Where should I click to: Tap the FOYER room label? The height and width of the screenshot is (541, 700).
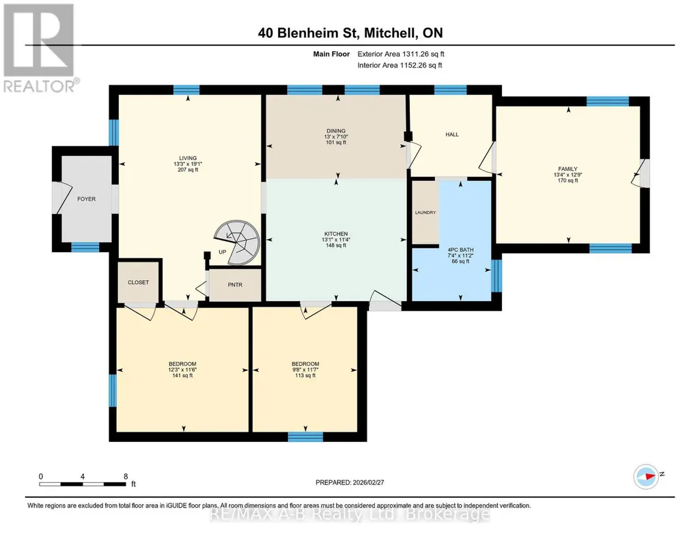point(86,199)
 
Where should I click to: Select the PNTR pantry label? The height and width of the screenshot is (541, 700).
point(235,285)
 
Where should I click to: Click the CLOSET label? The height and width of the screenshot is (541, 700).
point(139,283)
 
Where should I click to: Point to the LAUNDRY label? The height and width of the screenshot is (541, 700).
point(425,212)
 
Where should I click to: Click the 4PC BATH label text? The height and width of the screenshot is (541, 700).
point(461,250)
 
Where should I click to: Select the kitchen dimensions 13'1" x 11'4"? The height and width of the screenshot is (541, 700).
point(336,240)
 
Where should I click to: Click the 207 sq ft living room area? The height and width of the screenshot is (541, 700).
point(188,169)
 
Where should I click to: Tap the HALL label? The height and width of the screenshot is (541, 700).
point(452,135)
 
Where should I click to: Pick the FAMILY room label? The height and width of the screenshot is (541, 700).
point(568,169)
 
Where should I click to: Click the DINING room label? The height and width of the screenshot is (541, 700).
point(336,131)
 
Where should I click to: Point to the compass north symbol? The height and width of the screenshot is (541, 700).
point(647,476)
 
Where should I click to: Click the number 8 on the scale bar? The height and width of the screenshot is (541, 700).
point(126,476)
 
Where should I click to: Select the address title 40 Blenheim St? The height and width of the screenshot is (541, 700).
point(309,33)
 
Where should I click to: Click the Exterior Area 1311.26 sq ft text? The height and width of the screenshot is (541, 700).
point(401,54)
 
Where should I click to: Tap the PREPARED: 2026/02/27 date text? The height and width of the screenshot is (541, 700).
point(350,482)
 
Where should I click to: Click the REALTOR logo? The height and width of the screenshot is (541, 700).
point(40,48)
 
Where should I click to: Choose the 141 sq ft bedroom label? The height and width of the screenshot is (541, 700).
point(182,376)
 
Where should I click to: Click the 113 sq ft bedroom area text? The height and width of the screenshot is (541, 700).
point(305,376)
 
